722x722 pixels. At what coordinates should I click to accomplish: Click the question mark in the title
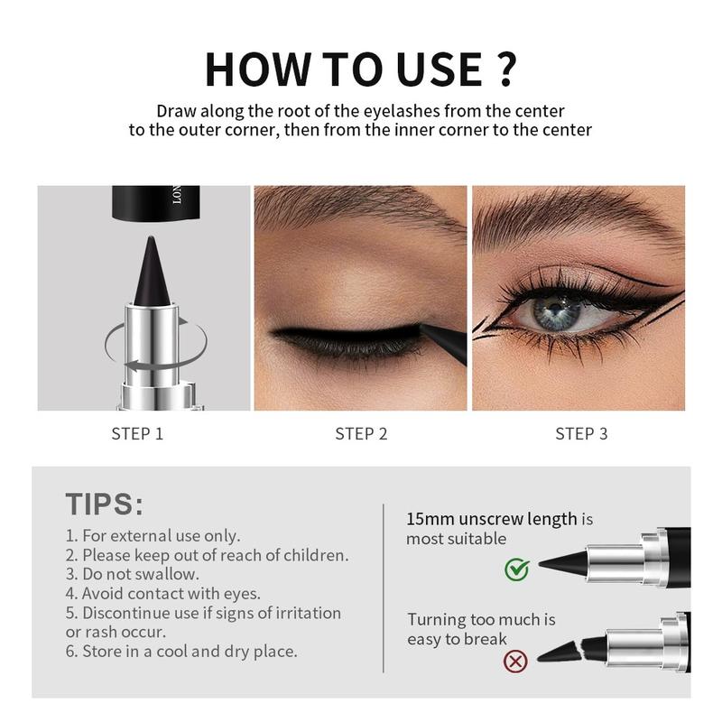point(504,69)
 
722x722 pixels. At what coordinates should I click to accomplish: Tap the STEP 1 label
point(137,434)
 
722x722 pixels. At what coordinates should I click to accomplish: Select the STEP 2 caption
point(361,434)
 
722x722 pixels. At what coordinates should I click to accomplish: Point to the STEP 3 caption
point(581,434)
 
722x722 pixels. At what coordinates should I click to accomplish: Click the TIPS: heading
point(105,504)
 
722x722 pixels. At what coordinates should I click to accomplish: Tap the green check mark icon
point(516,569)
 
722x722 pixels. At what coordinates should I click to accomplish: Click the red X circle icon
point(516,662)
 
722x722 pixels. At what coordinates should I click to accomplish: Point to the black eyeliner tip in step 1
point(148,271)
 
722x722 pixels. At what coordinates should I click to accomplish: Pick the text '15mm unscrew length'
point(492,519)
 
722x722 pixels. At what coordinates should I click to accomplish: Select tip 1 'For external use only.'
point(153,535)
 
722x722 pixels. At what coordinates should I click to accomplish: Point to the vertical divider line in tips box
point(384,587)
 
